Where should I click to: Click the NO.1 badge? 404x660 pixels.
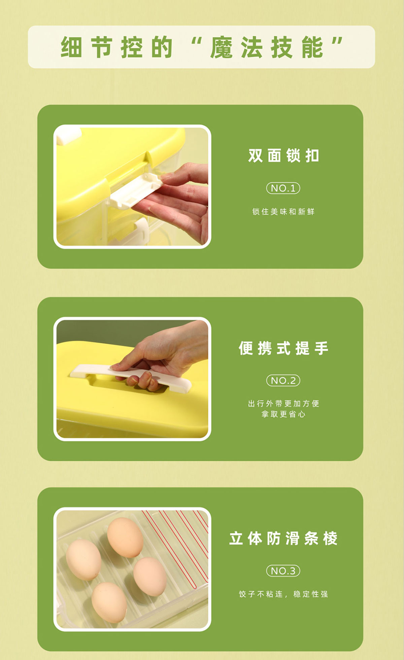pos(283,188)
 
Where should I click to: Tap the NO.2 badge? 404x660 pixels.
pos(283,381)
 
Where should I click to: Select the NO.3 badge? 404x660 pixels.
pos(283,571)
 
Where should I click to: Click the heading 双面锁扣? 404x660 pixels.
pos(283,156)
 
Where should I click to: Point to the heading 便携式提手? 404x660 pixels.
pos(283,348)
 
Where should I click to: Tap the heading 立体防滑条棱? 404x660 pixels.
pos(283,538)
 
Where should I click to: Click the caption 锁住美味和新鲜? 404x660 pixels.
pos(283,211)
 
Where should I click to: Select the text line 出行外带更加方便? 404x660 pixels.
pos(283,403)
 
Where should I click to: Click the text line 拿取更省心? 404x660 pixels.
pos(283,414)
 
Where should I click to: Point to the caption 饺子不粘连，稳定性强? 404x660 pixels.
pos(283,594)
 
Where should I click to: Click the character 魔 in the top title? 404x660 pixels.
pos(222,47)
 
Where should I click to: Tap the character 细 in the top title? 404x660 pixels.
pos(71,47)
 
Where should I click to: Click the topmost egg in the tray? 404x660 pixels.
pos(125,537)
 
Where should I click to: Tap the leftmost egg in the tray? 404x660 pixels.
pos(83,560)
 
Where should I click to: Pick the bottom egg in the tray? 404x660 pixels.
pos(109,602)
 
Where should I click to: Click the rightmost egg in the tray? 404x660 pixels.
pos(150,576)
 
